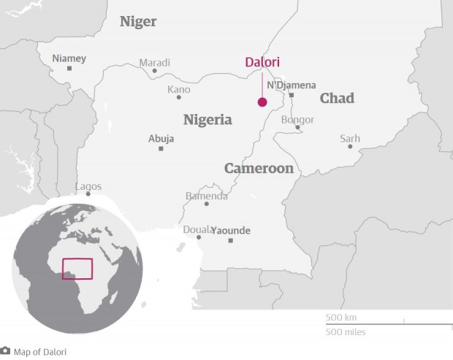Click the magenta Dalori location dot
pyautogui.click(x=262, y=102)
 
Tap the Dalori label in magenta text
pyautogui.click(x=262, y=63)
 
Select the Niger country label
pyautogui.click(x=138, y=22)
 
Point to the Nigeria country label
pyautogui.click(x=208, y=120)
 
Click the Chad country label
pyautogui.click(x=337, y=98)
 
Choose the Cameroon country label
pyautogui.click(x=259, y=169)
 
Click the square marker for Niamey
pyautogui.click(x=69, y=69)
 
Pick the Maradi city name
pyautogui.click(x=154, y=62)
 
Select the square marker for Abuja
pyautogui.click(x=161, y=148)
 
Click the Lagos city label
pyautogui.click(x=88, y=186)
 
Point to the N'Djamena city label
pyautogui.click(x=291, y=85)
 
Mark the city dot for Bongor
pyautogui.click(x=297, y=128)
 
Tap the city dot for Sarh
pyautogui.click(x=350, y=147)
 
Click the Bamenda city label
pyautogui.click(x=206, y=196)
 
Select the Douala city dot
pyautogui.click(x=198, y=237)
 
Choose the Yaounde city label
pyautogui.click(x=231, y=231)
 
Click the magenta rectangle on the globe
pyautogui.click(x=77, y=269)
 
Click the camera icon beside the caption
pyautogui.click(x=5, y=351)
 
